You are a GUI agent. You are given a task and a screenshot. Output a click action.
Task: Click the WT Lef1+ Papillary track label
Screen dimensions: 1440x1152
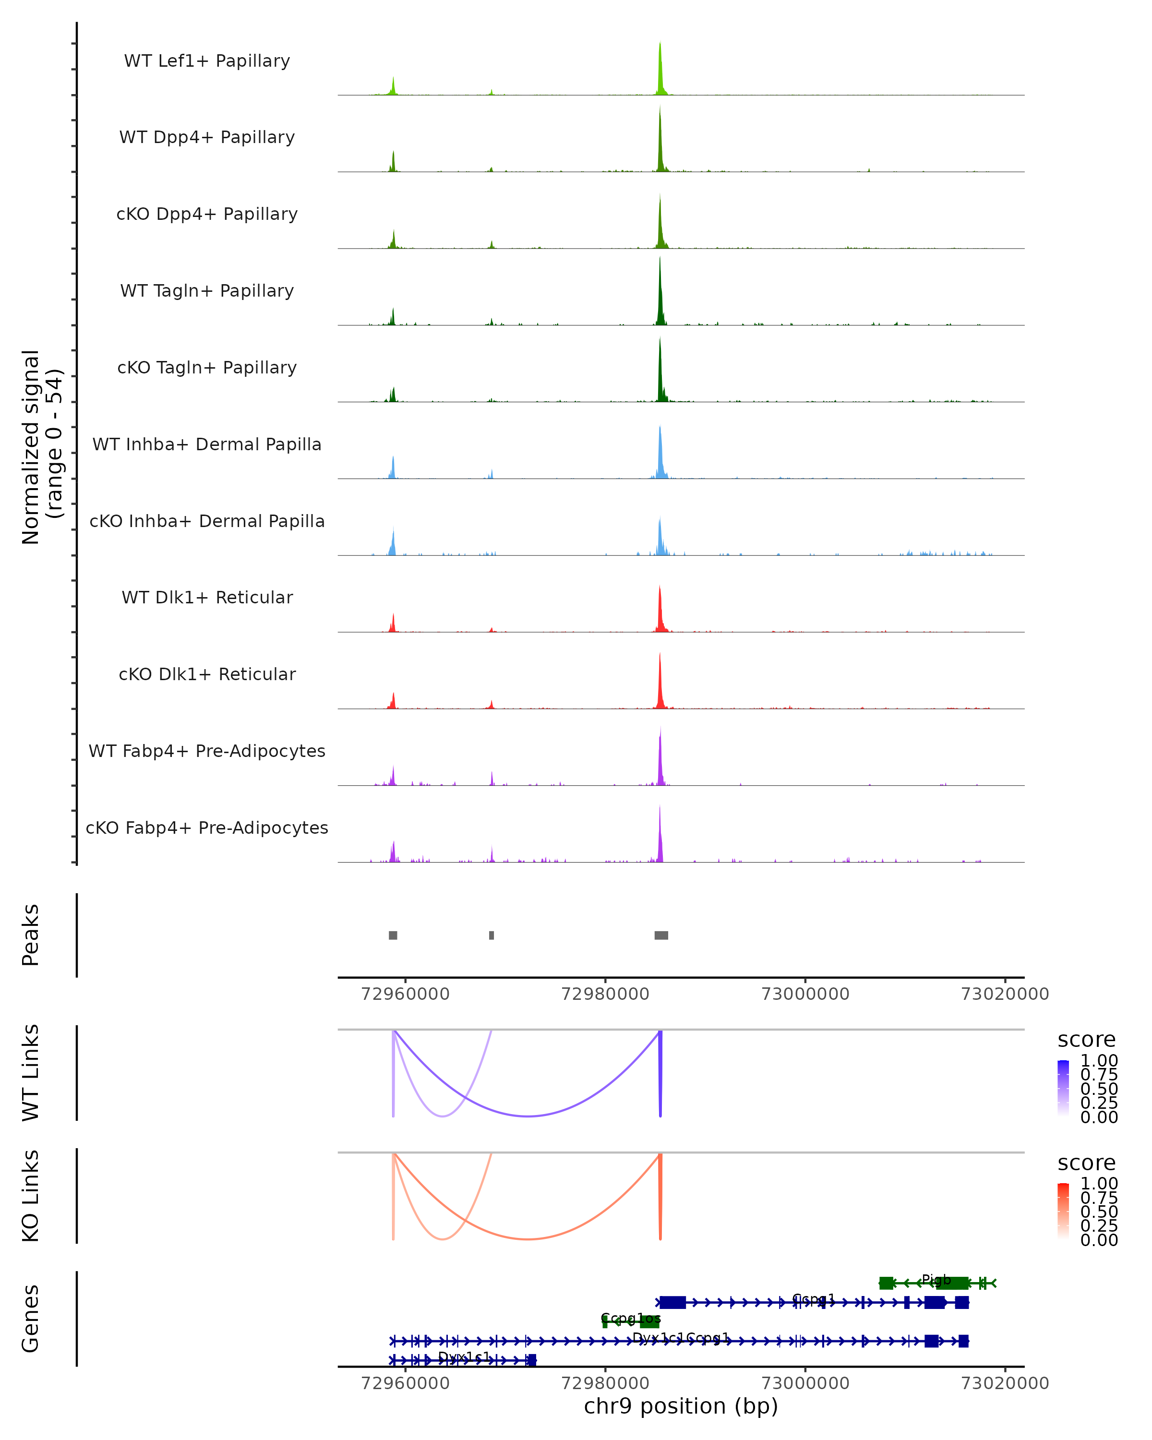pos(207,61)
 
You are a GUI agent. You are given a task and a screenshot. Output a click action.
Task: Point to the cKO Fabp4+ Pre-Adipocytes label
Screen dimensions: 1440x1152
pos(207,828)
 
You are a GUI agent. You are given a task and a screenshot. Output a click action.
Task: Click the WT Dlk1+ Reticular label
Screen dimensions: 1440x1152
pos(207,597)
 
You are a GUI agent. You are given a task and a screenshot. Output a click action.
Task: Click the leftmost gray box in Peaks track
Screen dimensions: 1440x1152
pos(393,935)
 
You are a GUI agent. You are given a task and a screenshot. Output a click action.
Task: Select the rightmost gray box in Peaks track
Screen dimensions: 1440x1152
pos(661,935)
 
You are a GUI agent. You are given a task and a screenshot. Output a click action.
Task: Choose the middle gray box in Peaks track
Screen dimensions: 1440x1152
pos(492,935)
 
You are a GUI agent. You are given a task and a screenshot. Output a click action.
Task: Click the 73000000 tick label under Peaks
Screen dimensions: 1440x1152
pos(805,994)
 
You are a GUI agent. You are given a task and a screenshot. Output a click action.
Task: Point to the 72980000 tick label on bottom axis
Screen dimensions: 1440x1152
pos(605,1382)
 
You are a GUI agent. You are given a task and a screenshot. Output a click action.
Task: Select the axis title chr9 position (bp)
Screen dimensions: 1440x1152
pos(681,1406)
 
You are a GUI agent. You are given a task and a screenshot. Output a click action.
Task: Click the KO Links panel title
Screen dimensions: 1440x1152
pos(31,1196)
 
